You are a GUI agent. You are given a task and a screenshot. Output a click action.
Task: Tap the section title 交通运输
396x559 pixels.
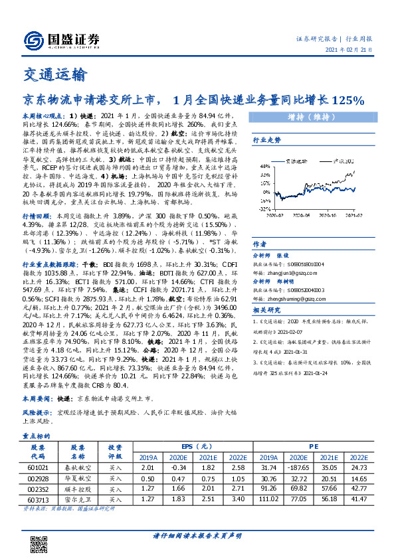(54, 73)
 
